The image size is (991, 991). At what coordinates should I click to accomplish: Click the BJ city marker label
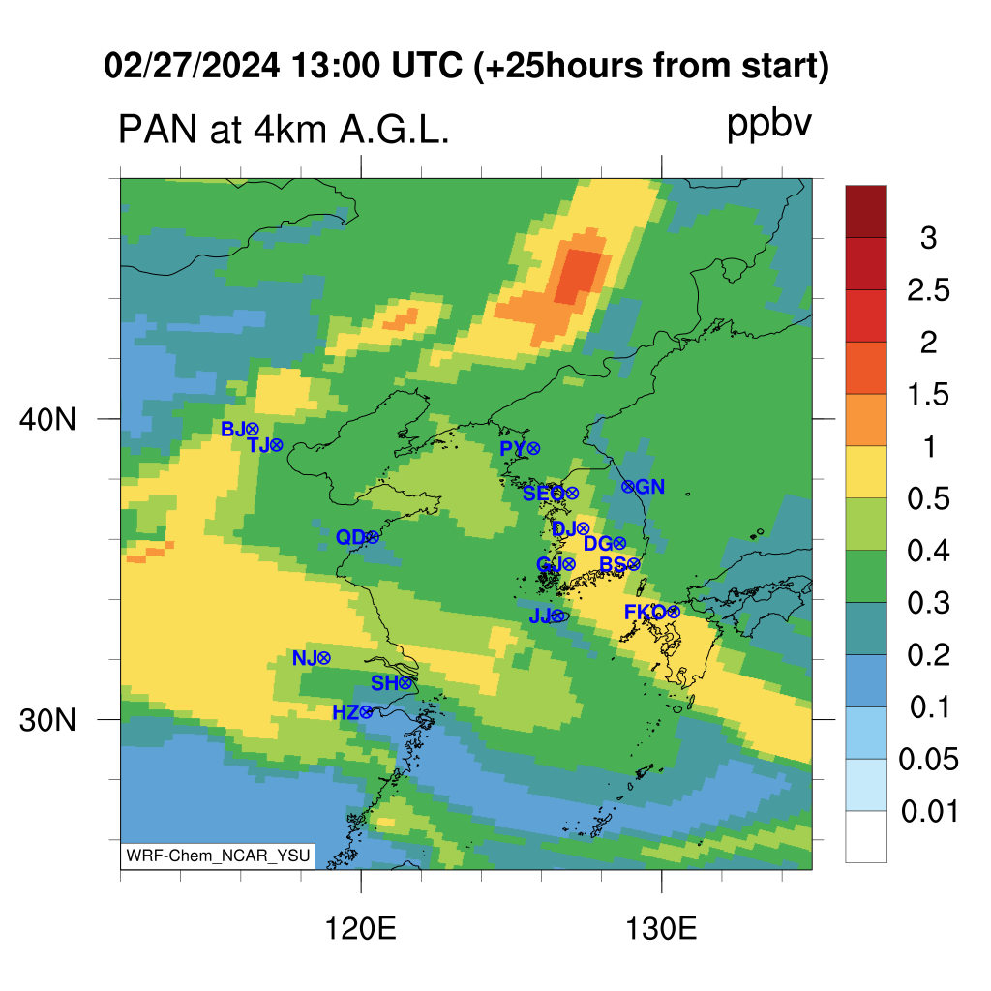coord(233,429)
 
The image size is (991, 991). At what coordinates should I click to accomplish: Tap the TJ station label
coord(259,445)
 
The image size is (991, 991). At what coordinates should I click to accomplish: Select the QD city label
coord(350,537)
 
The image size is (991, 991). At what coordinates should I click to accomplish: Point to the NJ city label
coord(305,658)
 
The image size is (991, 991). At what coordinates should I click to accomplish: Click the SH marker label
coord(384,682)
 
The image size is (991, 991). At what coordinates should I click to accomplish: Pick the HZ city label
coord(345,712)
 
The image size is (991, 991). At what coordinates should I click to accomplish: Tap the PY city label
coord(513,449)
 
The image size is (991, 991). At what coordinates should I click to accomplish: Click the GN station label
coord(649,487)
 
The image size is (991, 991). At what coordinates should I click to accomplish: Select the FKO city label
coord(646,612)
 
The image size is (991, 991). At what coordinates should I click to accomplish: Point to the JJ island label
coord(540,616)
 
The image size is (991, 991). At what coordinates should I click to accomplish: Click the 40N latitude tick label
coord(47,419)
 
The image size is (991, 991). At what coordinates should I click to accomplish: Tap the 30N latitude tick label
coord(47,720)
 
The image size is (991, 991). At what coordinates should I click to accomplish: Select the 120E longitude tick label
coord(360,929)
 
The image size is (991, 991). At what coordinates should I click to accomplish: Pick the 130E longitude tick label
coord(661,929)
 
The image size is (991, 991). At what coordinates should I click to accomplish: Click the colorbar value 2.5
coord(928,290)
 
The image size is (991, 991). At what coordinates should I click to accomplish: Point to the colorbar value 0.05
coord(928,759)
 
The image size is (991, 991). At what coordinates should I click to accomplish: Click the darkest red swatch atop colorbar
coord(866,211)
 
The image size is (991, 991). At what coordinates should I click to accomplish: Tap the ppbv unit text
coord(769,125)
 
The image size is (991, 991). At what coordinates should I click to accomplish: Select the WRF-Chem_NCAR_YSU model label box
coord(218,856)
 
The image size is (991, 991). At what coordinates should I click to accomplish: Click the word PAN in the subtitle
coord(158,130)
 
